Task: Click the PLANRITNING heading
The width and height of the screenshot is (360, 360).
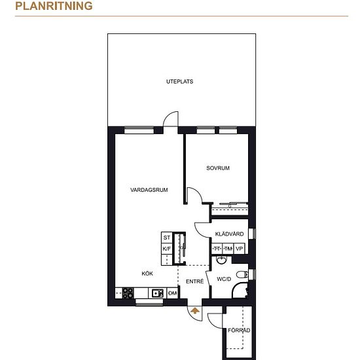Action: [x=54, y=6]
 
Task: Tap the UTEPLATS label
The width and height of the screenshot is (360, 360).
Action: [x=179, y=82]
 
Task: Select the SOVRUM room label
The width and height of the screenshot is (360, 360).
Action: [x=218, y=168]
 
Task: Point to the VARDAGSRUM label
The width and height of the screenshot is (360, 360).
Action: [x=149, y=190]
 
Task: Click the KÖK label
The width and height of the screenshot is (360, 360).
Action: [x=147, y=273]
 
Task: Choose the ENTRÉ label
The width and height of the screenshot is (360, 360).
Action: [x=194, y=281]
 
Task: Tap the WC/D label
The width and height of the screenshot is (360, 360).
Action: [x=224, y=279]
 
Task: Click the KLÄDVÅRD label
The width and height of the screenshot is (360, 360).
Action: [x=229, y=234]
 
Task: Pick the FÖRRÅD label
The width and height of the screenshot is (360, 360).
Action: [x=239, y=330]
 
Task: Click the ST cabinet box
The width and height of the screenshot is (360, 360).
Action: [x=167, y=238]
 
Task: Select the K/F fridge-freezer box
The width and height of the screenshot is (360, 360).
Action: [x=167, y=249]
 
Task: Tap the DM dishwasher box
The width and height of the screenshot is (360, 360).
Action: [x=172, y=293]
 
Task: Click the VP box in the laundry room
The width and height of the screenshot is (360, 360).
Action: [x=239, y=249]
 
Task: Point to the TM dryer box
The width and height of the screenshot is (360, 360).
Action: [x=228, y=249]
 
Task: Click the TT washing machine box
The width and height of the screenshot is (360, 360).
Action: [x=217, y=249]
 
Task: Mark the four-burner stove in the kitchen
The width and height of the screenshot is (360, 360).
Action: [x=128, y=293]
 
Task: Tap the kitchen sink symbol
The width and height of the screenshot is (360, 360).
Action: [x=158, y=293]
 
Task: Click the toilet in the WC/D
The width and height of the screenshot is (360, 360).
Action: [x=242, y=274]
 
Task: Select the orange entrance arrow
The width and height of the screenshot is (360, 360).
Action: [x=195, y=311]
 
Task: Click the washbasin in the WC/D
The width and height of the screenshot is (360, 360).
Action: [x=221, y=260]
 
